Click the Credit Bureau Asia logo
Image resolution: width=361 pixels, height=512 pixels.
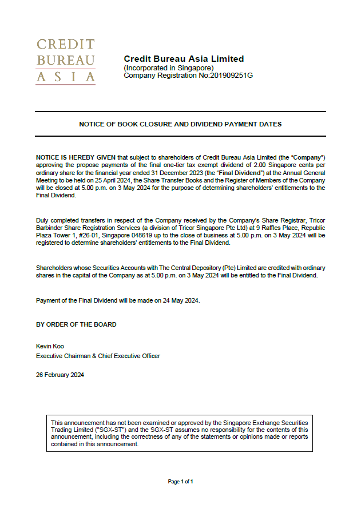pyautogui.click(x=65, y=61)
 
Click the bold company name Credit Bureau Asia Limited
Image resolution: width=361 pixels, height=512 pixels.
pyautogui.click(x=184, y=59)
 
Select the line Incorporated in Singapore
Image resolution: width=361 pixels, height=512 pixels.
pyautogui.click(x=169, y=68)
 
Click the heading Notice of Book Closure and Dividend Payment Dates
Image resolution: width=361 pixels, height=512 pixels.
pyautogui.click(x=180, y=124)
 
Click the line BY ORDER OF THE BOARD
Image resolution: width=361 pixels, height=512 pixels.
pyautogui.click(x=76, y=324)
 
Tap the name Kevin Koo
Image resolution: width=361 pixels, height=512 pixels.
pyautogui.click(x=50, y=347)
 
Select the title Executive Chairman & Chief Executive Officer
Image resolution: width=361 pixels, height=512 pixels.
pyautogui.click(x=98, y=356)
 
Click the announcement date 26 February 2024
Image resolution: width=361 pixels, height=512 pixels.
pyautogui.click(x=60, y=375)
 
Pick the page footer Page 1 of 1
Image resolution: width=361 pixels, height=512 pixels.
pyautogui.click(x=180, y=482)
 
